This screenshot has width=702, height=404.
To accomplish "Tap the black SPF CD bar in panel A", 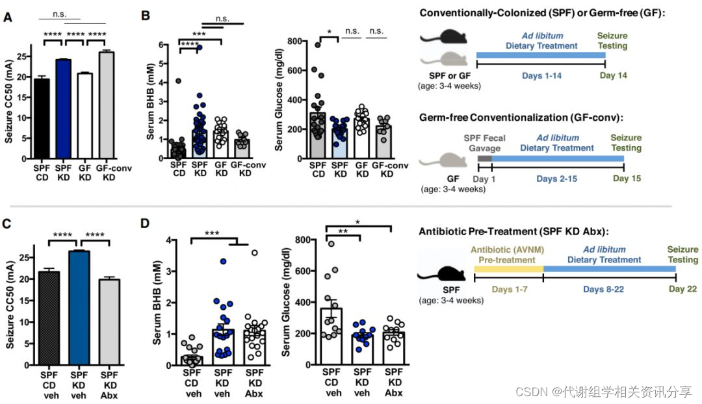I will pyautogui.click(x=41, y=118).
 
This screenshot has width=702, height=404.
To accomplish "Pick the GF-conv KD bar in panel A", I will pyautogui.click(x=107, y=105).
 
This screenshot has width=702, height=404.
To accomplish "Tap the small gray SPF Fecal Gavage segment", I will pyautogui.click(x=484, y=158).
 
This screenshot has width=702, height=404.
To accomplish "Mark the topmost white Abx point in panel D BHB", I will pyautogui.click(x=255, y=253).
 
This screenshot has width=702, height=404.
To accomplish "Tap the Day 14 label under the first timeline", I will pyautogui.click(x=612, y=76).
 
